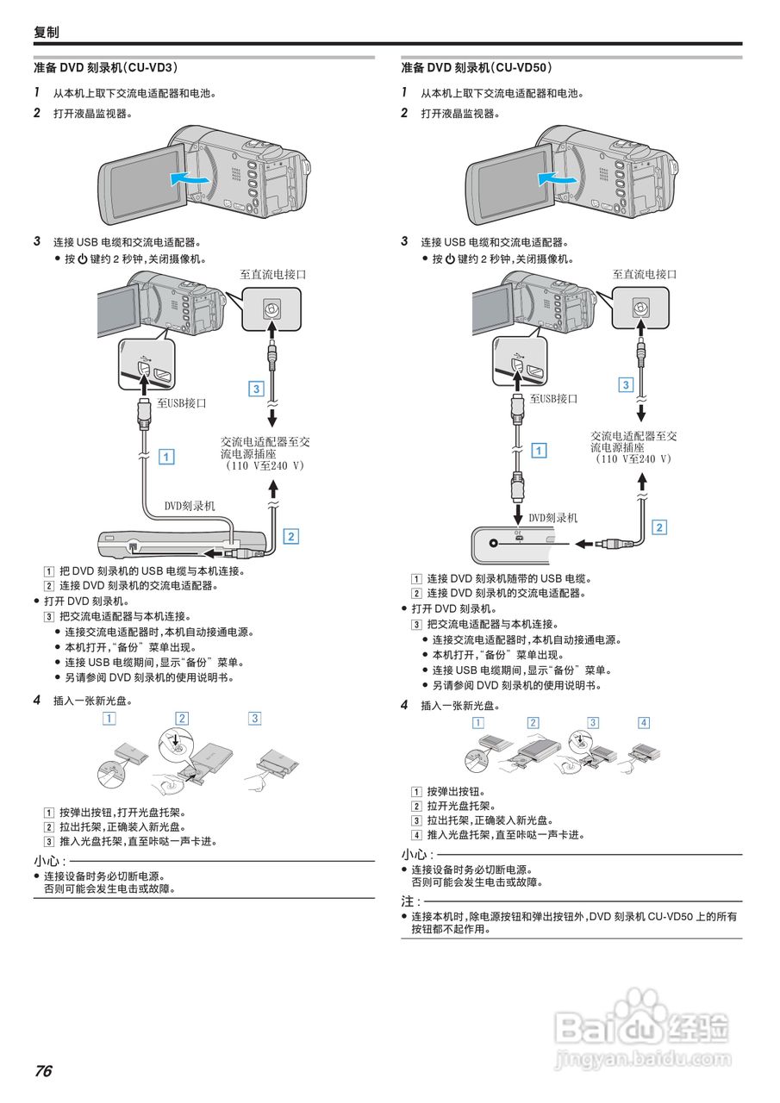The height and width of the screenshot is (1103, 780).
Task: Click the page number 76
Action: [43, 1071]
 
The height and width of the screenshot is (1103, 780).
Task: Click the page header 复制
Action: [46, 32]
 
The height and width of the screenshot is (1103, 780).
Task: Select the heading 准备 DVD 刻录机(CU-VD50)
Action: [477, 66]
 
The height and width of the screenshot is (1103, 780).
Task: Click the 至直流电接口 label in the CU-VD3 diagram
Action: [272, 274]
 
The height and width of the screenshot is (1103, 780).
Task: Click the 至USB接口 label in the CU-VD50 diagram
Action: [553, 398]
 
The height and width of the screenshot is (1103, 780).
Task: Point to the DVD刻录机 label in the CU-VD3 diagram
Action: [190, 506]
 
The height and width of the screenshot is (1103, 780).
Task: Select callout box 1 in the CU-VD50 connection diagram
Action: [539, 450]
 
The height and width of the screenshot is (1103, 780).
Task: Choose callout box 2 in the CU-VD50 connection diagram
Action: [659, 527]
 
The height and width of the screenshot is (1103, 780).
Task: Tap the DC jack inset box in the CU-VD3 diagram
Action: [271, 308]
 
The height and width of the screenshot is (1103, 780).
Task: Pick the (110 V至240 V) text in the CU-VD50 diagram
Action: [633, 459]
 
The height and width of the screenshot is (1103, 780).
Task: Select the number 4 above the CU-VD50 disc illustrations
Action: [644, 722]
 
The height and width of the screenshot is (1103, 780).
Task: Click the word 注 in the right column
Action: [408, 900]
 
